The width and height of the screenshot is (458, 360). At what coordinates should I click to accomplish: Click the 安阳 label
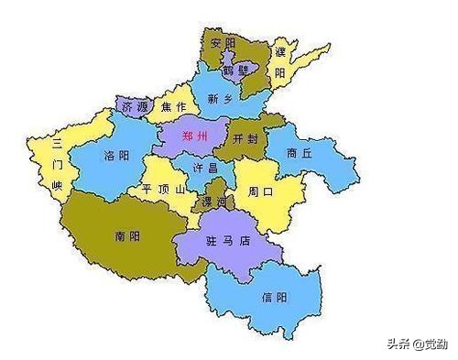point(224,43)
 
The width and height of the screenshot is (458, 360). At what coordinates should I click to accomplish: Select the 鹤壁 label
point(237,70)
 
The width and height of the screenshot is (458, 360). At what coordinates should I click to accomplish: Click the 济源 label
point(134,107)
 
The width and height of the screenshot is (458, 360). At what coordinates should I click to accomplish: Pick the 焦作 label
point(173,107)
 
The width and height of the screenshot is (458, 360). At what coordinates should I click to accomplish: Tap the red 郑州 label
point(195,136)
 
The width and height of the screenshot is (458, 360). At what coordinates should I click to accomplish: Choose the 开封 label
point(246,138)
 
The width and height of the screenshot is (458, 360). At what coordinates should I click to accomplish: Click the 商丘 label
point(300,154)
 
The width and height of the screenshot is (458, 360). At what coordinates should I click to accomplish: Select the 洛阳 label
point(117,155)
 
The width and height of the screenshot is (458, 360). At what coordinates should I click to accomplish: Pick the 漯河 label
point(214,202)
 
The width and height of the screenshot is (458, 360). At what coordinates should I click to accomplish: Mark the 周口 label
point(261,192)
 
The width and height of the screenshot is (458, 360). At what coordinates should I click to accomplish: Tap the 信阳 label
point(274,297)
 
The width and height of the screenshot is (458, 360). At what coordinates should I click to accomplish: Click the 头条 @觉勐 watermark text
point(417,344)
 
